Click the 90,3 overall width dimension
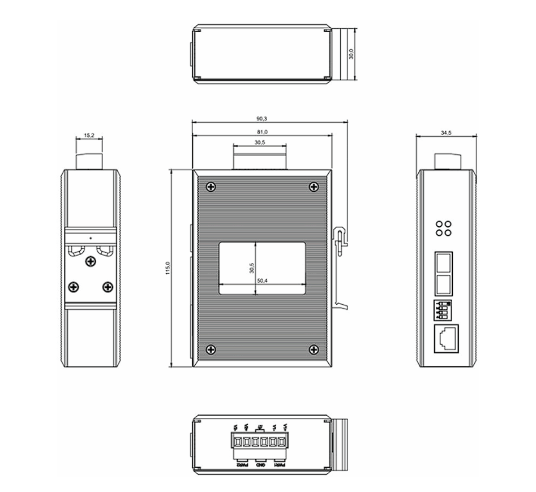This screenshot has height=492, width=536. click(261, 118)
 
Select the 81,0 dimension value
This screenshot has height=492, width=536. click(261, 132)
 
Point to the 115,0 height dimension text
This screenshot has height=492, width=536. click(168, 268)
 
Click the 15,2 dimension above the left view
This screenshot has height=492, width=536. click(89, 135)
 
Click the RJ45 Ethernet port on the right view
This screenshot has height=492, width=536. click(447, 338)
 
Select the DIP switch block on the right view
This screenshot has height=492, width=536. click(444, 309)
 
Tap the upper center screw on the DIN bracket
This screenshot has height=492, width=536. click(90, 261)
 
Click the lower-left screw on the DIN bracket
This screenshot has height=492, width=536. click(73, 287)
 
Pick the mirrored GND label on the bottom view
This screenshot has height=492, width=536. click(260, 465)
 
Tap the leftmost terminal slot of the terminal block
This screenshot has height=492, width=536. click(238, 442)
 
